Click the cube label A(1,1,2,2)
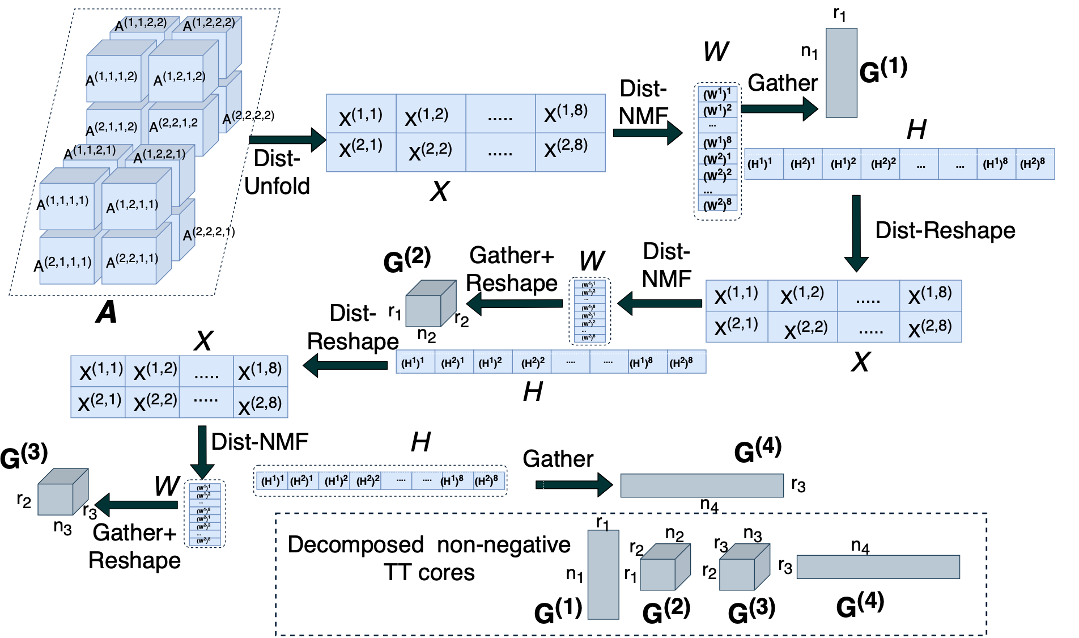[x=141, y=24]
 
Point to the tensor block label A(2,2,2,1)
[x=209, y=233]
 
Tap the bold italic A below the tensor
[x=107, y=312]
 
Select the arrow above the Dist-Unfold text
[x=287, y=139]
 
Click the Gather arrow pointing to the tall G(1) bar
[x=779, y=108]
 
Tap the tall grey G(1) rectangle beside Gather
[x=841, y=73]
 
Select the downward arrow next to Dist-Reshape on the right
[x=856, y=233]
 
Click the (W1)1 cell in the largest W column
[x=717, y=94]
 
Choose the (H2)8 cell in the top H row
[x=1033, y=164]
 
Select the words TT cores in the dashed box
[x=429, y=573]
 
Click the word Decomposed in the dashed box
[x=355, y=545]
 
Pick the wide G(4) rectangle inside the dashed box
[x=878, y=567]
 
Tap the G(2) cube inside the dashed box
[x=664, y=568]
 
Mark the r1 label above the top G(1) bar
[x=839, y=14]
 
